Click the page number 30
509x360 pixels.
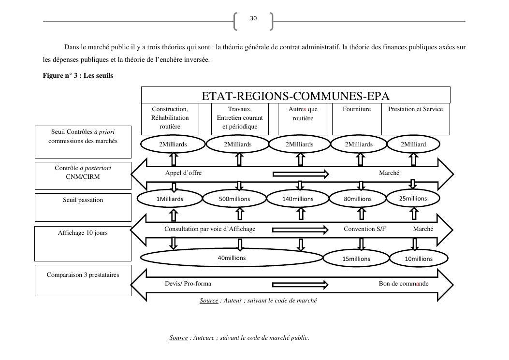tap(253, 18)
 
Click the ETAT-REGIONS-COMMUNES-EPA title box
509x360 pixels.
tap(295, 95)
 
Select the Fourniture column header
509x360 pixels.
tap(357, 110)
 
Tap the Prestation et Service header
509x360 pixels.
tap(415, 110)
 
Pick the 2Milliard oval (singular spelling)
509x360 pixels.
tap(413, 144)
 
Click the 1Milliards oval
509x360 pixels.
tap(170, 199)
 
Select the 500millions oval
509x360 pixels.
tap(234, 199)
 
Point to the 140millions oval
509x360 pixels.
tap(298, 199)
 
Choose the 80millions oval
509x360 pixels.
tap(358, 199)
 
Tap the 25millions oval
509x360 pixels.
tap(413, 198)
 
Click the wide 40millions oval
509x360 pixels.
tap(232, 258)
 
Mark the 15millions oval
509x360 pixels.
tap(356, 259)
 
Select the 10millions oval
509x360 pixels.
tap(419, 259)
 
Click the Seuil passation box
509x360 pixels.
tap(83, 207)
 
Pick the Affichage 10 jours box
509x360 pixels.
tap(83, 243)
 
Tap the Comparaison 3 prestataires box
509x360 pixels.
tap(83, 280)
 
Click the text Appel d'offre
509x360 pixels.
tap(184, 173)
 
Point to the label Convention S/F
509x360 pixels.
tap(365, 229)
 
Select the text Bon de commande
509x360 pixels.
tap(403, 283)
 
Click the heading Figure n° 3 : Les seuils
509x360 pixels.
tap(78, 75)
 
